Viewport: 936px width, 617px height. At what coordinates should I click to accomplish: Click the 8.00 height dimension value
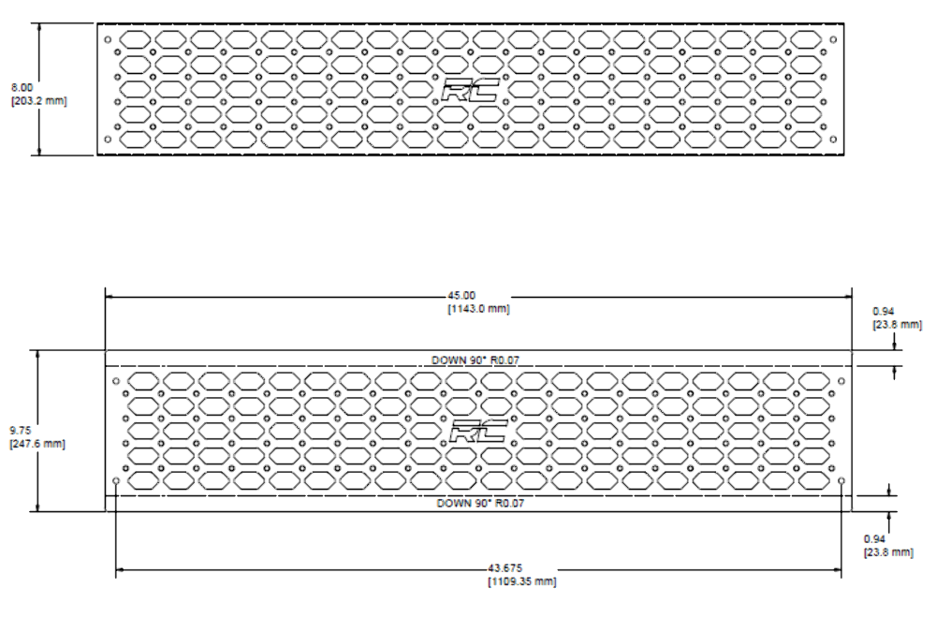22,88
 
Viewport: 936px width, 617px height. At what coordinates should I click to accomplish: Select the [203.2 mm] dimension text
38,101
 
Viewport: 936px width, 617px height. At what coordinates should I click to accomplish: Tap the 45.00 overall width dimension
461,296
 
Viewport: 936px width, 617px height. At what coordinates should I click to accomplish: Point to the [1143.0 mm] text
478,309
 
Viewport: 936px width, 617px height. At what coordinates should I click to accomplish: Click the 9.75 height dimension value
21,431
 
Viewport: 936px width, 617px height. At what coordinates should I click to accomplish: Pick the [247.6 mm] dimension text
37,444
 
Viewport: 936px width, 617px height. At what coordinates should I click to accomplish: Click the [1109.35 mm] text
522,581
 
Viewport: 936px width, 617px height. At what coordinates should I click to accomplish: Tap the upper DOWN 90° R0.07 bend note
475,360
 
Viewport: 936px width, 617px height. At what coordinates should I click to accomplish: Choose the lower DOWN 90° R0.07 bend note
480,503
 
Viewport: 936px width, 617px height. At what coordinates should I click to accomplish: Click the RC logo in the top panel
471,91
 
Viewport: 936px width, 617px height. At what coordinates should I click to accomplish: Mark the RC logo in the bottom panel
478,432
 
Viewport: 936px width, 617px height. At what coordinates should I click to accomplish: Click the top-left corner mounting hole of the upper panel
108,40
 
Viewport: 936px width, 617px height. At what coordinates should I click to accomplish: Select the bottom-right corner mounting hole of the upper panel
833,140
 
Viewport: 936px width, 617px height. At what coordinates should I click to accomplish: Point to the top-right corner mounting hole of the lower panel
841,381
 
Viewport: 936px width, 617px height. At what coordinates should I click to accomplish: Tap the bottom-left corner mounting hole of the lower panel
116,481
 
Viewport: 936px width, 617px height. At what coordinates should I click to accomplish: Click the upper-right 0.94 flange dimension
884,311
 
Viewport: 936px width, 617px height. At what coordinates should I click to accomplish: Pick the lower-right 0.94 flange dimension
875,538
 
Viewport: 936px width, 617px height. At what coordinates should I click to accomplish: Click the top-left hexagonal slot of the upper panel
135,39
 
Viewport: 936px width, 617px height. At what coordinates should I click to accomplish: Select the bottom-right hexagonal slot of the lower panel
814,480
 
